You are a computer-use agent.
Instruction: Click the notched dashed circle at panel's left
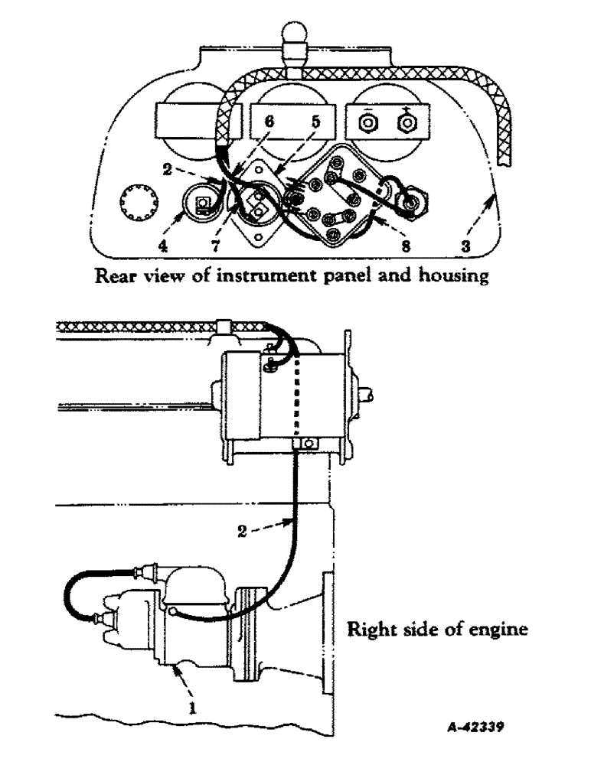[x=137, y=207]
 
